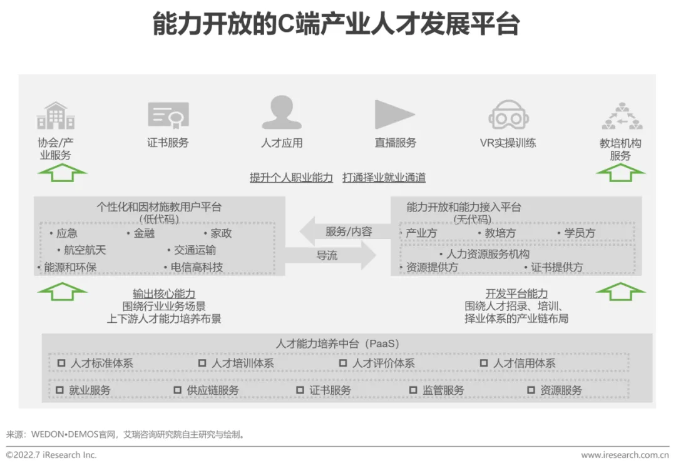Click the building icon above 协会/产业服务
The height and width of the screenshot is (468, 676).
tap(55, 116)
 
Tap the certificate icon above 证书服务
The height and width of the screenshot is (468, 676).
tap(168, 114)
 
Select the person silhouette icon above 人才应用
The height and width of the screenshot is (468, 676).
tap(281, 113)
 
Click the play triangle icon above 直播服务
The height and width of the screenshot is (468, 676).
tap(394, 114)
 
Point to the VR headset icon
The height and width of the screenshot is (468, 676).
tap(508, 115)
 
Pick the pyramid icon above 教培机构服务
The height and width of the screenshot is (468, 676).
tap(622, 116)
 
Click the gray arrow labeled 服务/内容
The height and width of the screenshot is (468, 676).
tap(343, 231)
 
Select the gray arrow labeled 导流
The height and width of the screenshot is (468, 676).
tap(332, 255)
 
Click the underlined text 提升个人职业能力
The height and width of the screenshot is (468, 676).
tap(292, 178)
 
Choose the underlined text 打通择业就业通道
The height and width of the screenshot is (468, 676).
tap(384, 178)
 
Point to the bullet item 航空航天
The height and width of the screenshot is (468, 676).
tap(85, 250)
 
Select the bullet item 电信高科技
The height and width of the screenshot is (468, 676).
tap(197, 267)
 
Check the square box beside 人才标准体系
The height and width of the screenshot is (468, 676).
tap(61, 363)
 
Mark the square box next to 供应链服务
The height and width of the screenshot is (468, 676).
tap(178, 390)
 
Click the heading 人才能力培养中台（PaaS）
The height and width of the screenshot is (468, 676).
tap(337, 343)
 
